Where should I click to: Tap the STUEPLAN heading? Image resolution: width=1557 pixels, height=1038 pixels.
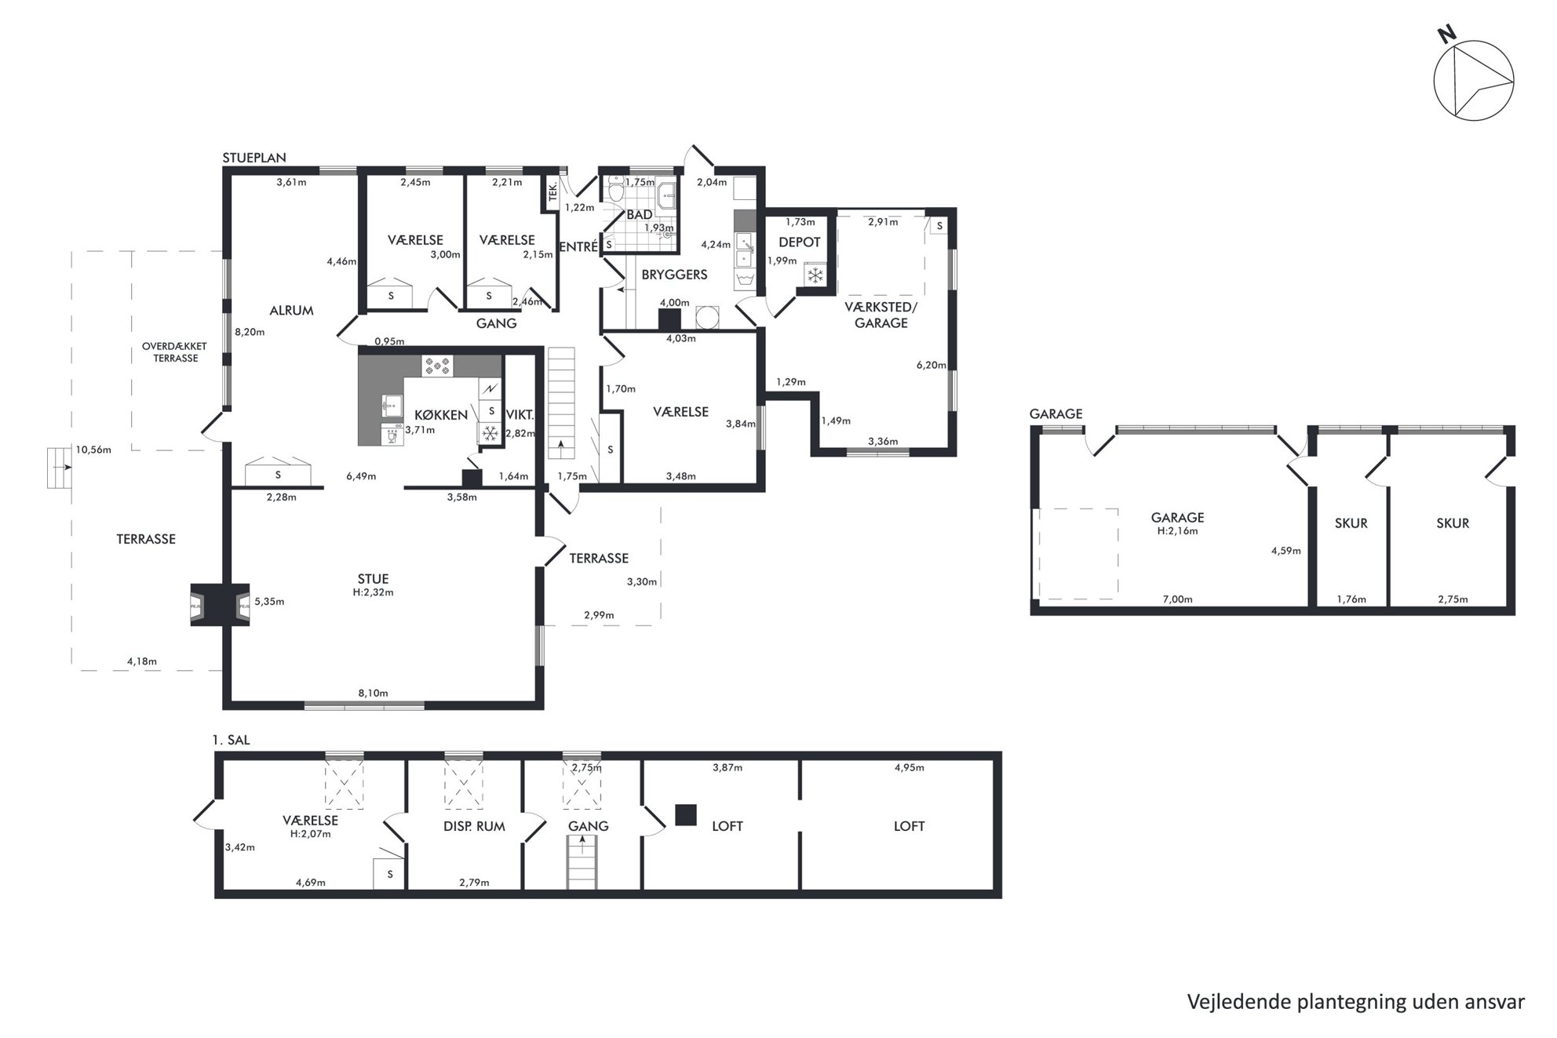254,158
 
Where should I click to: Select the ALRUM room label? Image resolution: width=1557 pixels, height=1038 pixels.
292,311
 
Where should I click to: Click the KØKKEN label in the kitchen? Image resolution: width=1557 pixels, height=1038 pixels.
441,415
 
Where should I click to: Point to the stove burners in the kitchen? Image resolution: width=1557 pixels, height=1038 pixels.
438,365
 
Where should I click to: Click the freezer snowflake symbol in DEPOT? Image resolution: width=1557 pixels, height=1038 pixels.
815,275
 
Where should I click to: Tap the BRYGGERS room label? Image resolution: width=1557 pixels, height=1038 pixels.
675,275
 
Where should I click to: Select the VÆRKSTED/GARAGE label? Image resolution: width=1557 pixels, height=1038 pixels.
881,315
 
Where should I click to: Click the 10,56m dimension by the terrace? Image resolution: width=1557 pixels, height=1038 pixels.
93,450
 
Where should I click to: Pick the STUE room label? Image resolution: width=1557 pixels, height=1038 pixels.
373,579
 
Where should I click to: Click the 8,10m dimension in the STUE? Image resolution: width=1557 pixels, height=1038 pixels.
373,693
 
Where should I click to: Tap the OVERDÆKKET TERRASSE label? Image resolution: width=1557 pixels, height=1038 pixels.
176,352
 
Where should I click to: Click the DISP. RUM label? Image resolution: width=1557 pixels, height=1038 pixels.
474,826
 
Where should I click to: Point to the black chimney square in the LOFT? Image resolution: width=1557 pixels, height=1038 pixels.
686,815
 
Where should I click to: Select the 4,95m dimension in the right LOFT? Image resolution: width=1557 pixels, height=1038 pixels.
909,767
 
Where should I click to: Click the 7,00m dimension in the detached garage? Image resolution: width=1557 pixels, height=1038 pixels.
1177,599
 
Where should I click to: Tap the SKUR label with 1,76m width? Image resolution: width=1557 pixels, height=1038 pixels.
1351,523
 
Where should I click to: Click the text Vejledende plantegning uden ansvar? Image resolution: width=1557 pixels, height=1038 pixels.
1356,1002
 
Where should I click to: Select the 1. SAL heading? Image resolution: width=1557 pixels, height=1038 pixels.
232,740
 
